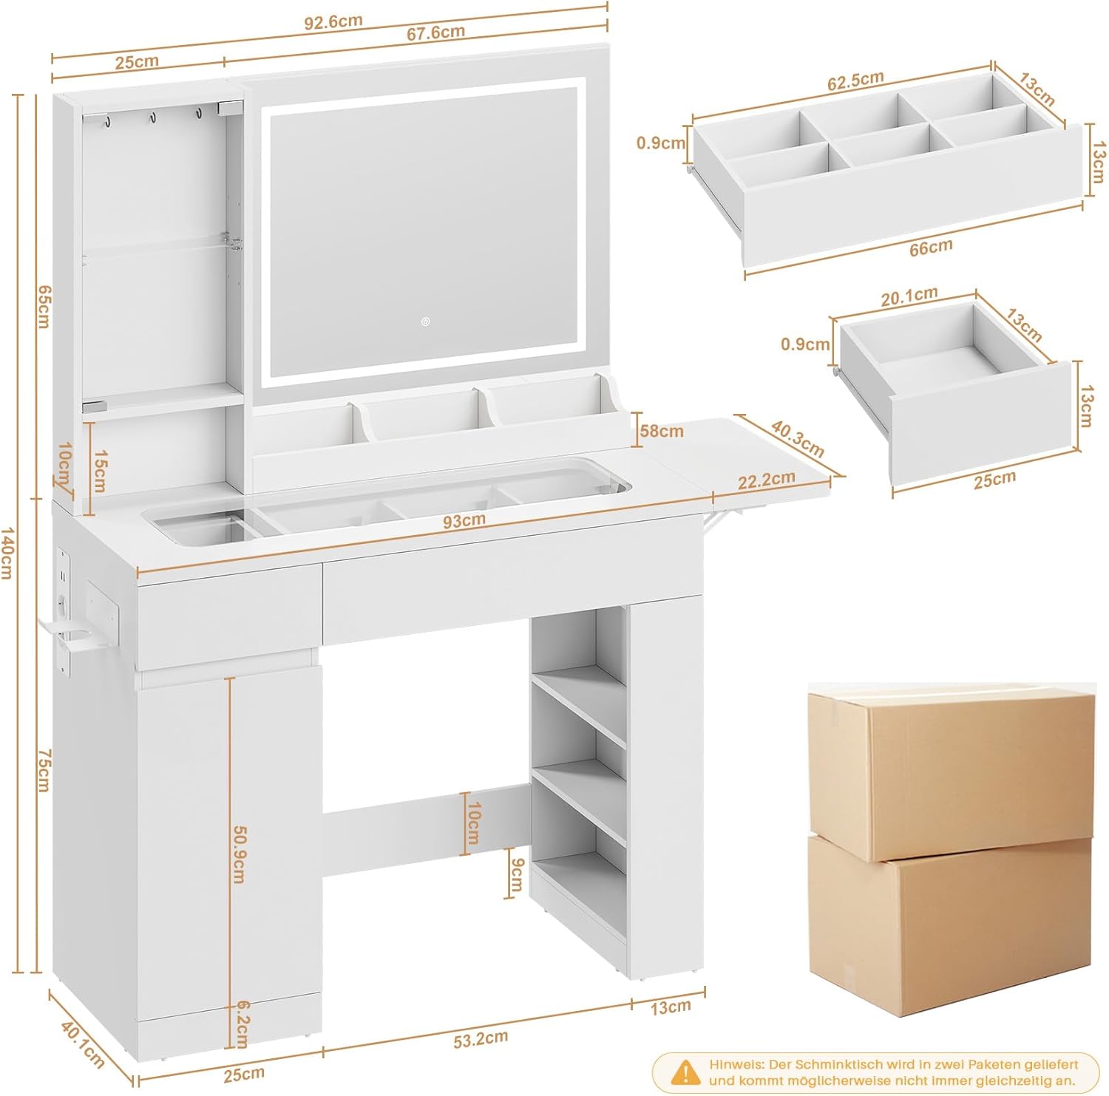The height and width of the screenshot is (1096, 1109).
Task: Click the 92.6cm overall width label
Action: tap(333, 21)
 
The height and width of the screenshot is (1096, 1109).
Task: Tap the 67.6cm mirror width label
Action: tap(435, 33)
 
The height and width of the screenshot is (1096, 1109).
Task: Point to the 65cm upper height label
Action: tap(43, 306)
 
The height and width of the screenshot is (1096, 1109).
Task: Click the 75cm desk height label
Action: tap(44, 769)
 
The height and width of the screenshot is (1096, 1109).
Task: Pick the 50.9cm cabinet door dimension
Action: tap(239, 854)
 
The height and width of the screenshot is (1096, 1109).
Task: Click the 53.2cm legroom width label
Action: tap(480, 1038)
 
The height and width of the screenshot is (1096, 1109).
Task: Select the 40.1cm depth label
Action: tap(82, 1043)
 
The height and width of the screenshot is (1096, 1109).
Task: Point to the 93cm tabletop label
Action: tap(464, 520)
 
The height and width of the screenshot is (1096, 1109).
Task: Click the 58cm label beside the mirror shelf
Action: tap(662, 430)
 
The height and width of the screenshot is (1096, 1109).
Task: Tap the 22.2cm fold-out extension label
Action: tap(766, 480)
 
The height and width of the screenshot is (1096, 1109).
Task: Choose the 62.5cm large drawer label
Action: tap(855, 81)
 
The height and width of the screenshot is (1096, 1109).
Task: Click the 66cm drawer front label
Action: tap(931, 248)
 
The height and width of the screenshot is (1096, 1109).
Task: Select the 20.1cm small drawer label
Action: tap(909, 296)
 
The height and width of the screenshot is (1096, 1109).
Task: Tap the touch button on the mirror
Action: tap(425, 321)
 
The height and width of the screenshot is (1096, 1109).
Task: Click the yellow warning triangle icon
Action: tap(685, 1072)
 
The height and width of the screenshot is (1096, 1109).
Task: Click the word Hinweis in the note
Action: tap(736, 1064)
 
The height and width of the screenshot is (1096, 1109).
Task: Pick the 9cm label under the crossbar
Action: tap(516, 875)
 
